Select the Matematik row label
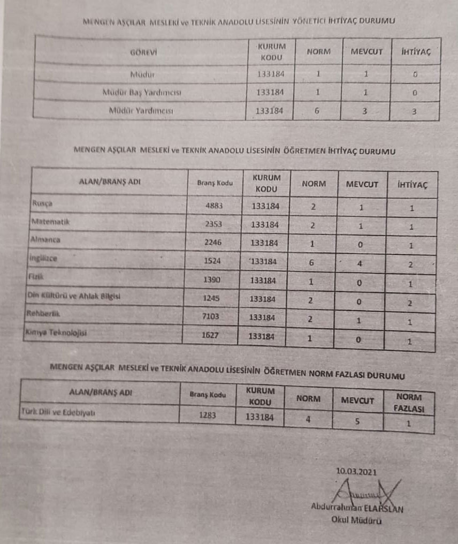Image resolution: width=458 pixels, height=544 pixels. [x=51, y=221]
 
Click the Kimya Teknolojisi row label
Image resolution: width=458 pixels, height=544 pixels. [x=56, y=333]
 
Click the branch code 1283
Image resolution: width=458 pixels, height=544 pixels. [x=207, y=414]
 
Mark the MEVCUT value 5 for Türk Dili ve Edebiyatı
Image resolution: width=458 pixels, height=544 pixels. [x=357, y=421]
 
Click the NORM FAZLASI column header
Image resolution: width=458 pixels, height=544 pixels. [x=409, y=403]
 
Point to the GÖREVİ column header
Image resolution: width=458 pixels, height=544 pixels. [x=143, y=52]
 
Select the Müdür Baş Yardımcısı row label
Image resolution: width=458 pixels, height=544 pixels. [x=142, y=93]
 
